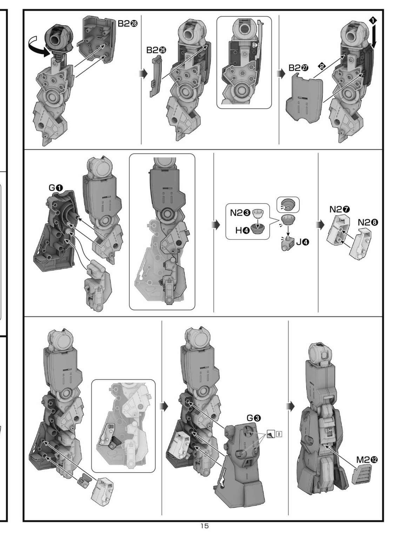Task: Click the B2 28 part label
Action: tap(128, 23)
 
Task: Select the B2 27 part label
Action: tap(298, 68)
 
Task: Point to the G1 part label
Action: tap(55, 188)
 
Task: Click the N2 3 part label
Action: tap(240, 213)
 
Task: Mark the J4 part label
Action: tap(302, 242)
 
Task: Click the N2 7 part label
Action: tap(340, 209)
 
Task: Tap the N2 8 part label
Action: tap(368, 222)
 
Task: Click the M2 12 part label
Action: tap(367, 460)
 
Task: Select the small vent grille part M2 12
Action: tap(361, 475)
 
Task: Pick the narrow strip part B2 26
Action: tap(155, 76)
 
